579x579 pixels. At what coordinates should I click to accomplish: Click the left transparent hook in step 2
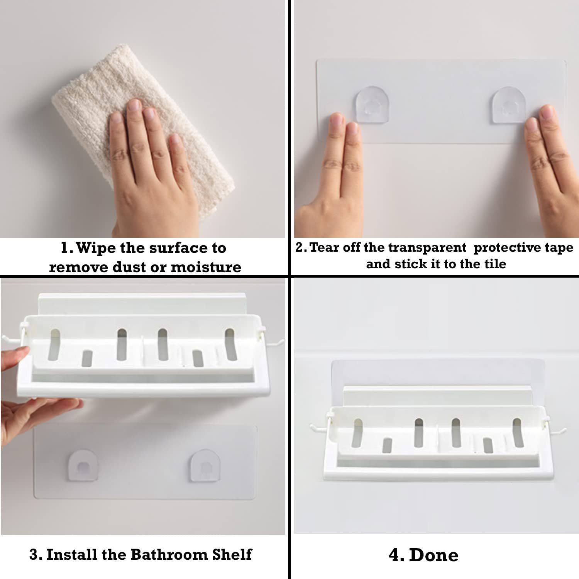point(372,105)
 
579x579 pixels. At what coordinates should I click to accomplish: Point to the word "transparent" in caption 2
point(427,247)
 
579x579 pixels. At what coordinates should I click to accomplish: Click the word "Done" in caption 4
point(434,555)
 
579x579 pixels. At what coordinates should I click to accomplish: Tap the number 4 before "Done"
point(396,555)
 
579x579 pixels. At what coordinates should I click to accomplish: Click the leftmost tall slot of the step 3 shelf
point(54,345)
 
